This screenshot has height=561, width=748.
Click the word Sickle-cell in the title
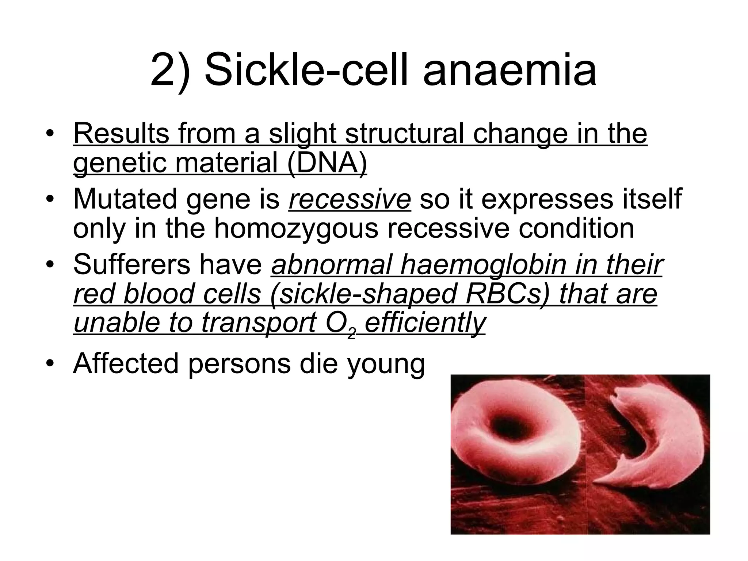[x=309, y=70]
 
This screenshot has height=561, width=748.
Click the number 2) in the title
[x=170, y=70]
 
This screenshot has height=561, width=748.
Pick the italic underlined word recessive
[x=350, y=199]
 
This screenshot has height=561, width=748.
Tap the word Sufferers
[x=131, y=265]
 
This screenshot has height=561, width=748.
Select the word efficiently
[x=425, y=323]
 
